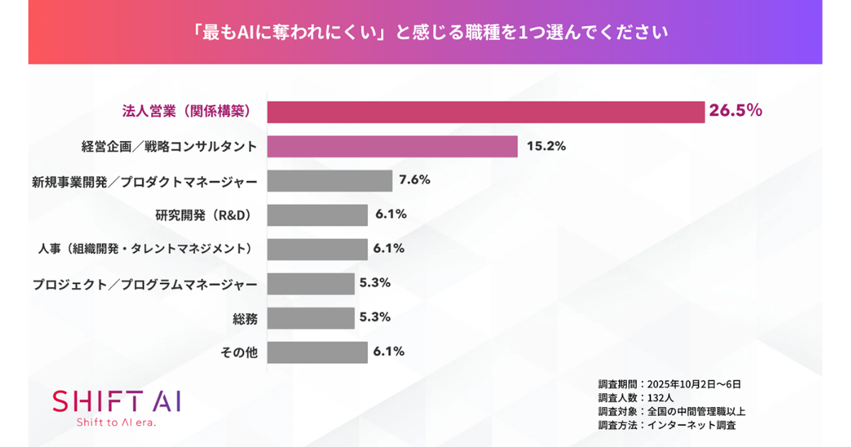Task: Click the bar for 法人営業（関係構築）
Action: (486, 111)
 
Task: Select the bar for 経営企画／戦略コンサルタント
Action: (392, 146)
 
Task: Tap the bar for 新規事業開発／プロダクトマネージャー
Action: (330, 181)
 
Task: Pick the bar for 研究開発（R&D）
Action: (318, 215)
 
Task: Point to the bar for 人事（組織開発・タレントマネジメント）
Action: (318, 249)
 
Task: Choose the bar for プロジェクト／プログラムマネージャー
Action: (311, 284)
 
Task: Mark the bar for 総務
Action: (311, 318)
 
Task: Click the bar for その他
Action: (318, 352)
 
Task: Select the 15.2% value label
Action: (546, 146)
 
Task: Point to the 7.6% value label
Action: (415, 180)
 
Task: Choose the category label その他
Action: (237, 353)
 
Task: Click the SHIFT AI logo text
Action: (117, 401)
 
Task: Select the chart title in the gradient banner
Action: (425, 33)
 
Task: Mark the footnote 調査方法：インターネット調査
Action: (667, 425)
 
